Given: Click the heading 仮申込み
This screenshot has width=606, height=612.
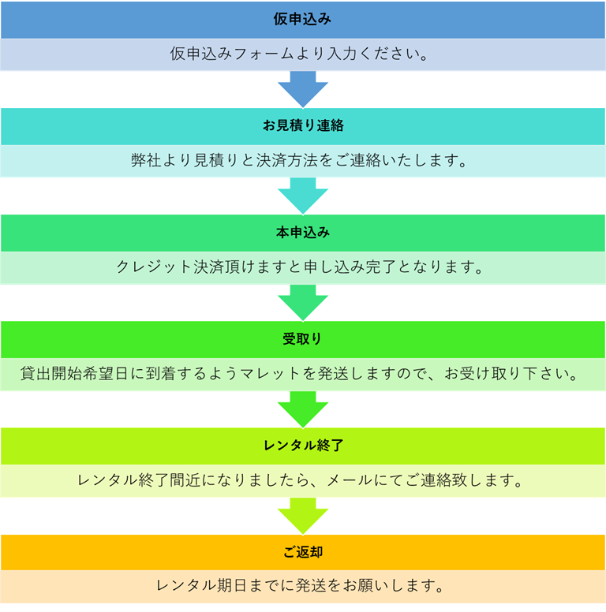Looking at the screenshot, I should click(303, 19).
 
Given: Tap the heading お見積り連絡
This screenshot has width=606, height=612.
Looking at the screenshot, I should click(303, 126).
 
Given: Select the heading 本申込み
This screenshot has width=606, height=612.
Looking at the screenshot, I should click(303, 233).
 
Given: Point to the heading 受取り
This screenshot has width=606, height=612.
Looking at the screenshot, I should click(303, 339).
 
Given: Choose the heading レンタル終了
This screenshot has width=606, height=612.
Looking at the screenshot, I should click(303, 446).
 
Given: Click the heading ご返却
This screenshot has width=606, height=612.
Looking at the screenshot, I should click(303, 552).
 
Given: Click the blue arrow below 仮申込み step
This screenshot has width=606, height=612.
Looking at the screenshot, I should click(303, 88).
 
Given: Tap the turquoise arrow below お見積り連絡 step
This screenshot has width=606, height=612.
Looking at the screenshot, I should click(303, 195).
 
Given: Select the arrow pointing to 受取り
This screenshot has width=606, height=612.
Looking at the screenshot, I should click(303, 301).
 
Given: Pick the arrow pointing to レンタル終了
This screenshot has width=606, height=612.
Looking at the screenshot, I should click(303, 409).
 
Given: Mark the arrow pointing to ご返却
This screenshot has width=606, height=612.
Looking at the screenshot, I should click(303, 515).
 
